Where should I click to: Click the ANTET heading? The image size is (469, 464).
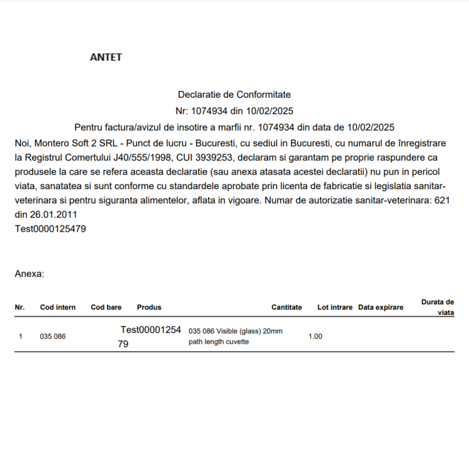tap(106, 57)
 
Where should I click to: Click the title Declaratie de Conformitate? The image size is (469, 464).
tap(234, 95)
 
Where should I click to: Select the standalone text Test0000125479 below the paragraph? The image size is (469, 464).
tap(50, 229)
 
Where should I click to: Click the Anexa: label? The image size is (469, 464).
tap(29, 274)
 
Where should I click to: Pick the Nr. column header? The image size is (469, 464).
tap(20, 307)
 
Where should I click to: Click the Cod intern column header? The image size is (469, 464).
tap(58, 307)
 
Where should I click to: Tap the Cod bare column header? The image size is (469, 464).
tap(106, 307)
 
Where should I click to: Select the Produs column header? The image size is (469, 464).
tap(149, 307)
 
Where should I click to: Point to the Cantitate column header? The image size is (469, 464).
tap(286, 307)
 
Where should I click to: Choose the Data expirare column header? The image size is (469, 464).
tap(380, 307)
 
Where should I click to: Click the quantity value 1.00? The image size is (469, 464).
tap(315, 336)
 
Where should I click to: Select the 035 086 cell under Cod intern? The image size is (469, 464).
tap(53, 336)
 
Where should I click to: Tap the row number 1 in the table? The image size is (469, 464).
tap(21, 336)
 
